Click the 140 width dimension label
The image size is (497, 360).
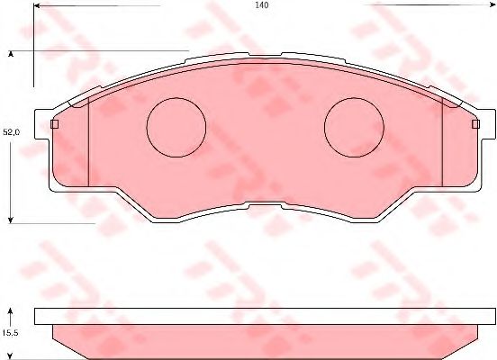point(262,5)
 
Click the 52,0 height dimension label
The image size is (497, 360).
point(12,132)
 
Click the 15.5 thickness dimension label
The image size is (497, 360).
point(11,333)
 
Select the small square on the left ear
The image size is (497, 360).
point(55,124)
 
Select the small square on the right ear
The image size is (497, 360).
point(475,124)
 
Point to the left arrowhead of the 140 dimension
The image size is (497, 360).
point(36,5)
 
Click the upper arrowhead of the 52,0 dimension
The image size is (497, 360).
point(11,54)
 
